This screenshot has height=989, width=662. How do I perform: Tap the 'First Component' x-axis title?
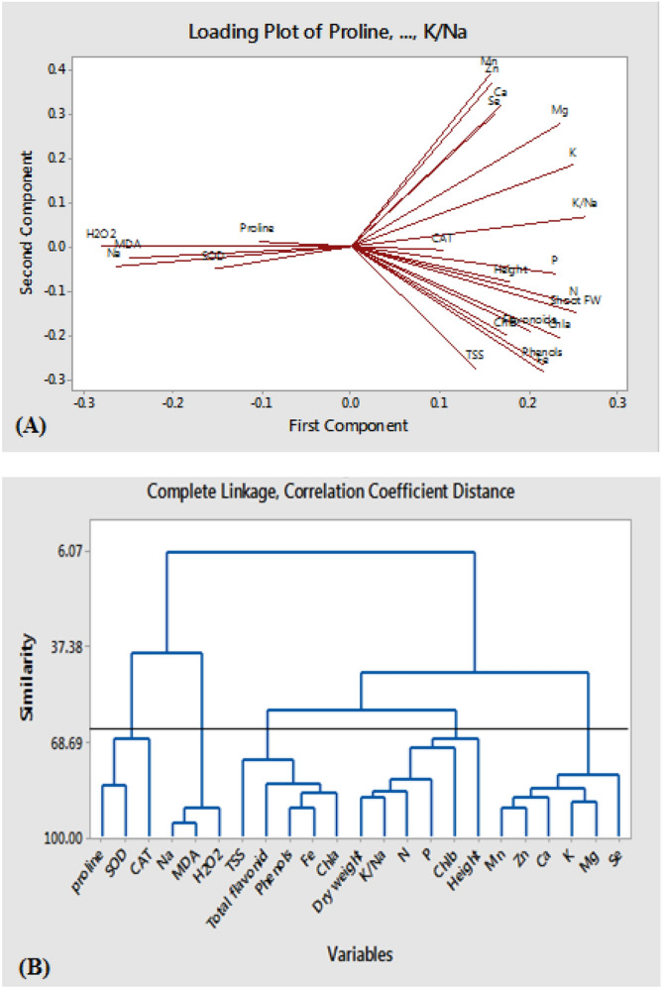(x=349, y=425)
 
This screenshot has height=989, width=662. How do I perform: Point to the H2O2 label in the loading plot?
(x=101, y=234)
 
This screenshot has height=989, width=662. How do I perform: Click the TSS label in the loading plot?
(x=475, y=355)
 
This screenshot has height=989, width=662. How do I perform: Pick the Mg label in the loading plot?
(x=559, y=110)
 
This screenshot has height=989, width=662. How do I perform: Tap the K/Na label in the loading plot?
(x=584, y=203)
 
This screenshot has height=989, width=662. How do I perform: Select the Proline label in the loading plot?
(x=257, y=228)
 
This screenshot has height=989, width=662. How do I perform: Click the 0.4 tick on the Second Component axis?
(x=58, y=69)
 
